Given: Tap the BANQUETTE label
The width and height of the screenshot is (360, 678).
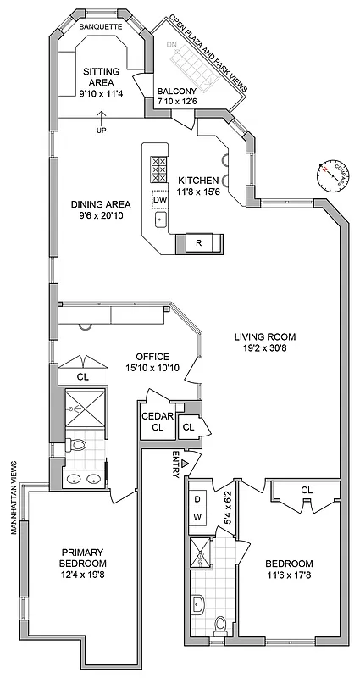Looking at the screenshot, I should pyautogui.click(x=102, y=27).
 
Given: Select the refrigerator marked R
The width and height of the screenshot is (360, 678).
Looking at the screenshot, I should pyautogui.click(x=198, y=244).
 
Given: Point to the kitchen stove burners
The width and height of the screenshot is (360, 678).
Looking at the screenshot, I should pyautogui.click(x=158, y=170).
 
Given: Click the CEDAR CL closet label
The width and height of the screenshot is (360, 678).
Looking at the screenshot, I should pyautogui.click(x=157, y=421).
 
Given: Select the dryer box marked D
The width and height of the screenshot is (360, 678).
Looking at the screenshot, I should pyautogui.click(x=197, y=498).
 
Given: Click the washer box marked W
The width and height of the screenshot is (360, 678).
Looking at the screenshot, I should pyautogui.click(x=197, y=516).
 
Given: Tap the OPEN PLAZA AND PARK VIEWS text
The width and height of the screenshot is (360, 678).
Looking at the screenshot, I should pyautogui.click(x=208, y=53).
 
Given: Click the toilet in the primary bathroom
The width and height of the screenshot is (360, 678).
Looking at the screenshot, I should pyautogui.click(x=76, y=444).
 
